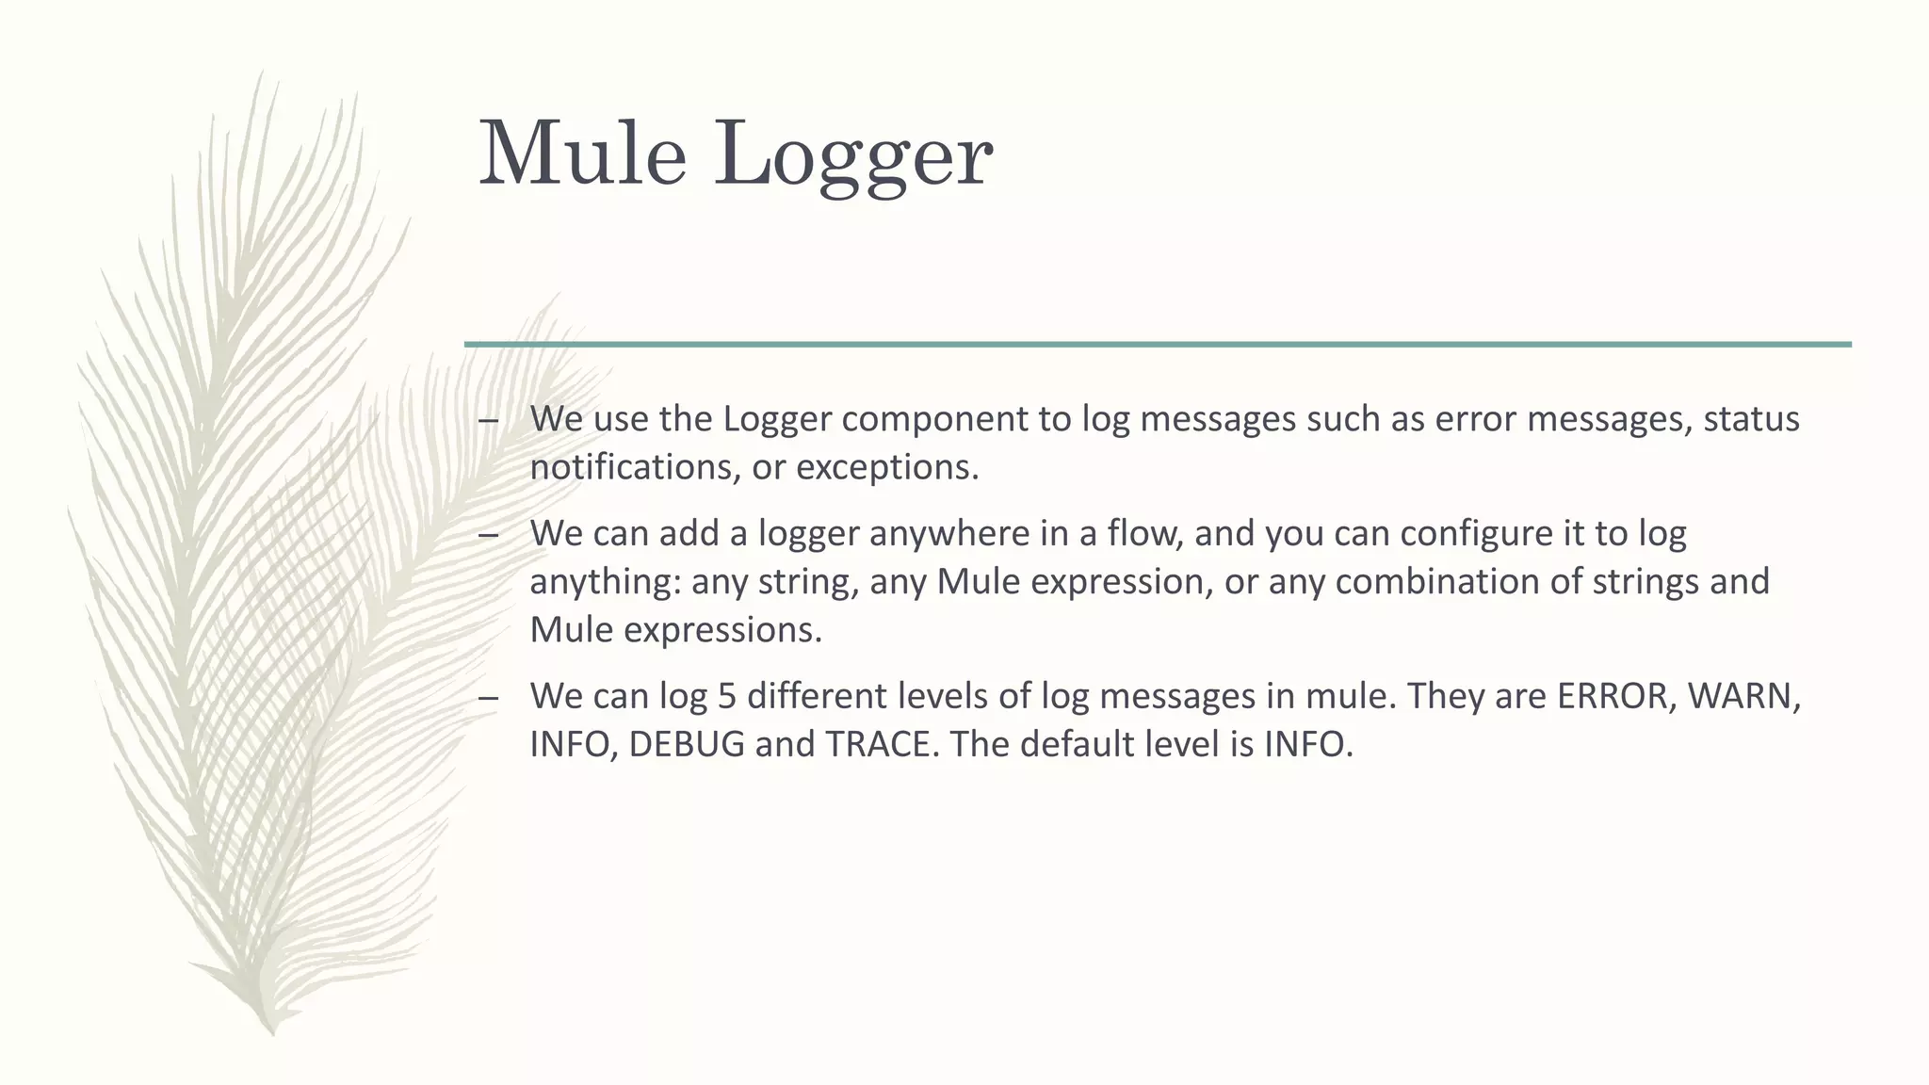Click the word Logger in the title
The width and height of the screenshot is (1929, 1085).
coord(852,155)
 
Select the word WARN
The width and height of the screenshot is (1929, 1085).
coord(1743,696)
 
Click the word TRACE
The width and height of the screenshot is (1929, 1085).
coord(882,744)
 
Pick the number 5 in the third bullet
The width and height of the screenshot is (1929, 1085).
coord(726,696)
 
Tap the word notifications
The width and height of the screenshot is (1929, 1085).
coord(635,467)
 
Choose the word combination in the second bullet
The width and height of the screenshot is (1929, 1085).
coord(1437,581)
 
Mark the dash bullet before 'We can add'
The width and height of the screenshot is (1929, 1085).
coord(488,535)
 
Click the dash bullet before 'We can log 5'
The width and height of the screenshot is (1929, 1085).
coord(488,698)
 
